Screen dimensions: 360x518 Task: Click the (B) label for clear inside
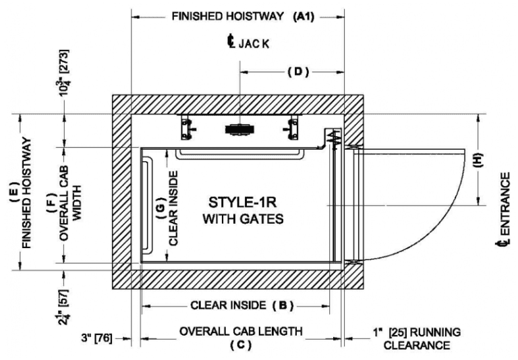pos(283,305)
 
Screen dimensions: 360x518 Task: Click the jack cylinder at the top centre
pos(239,128)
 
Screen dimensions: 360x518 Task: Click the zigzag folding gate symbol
pos(333,139)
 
